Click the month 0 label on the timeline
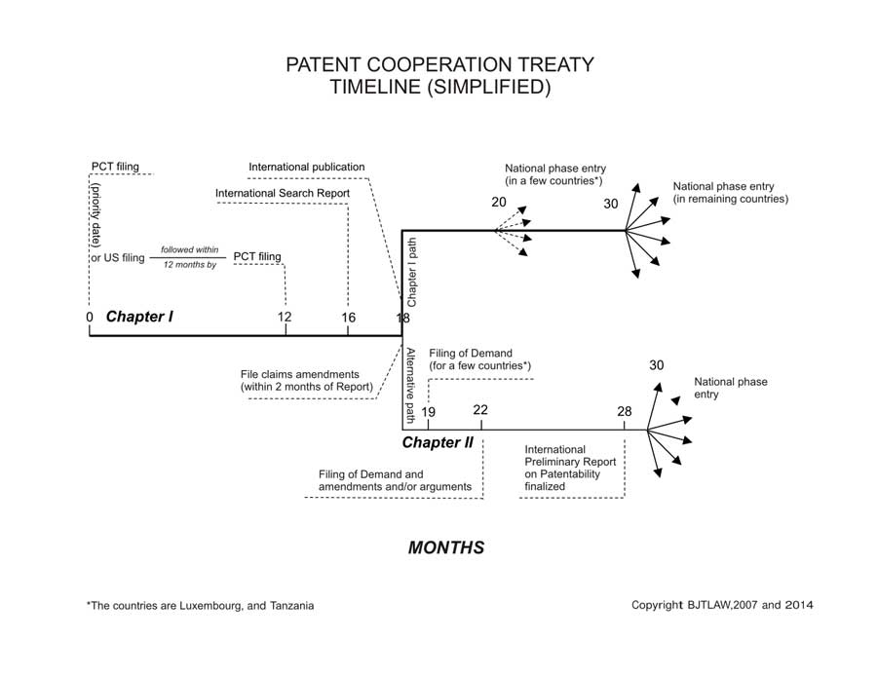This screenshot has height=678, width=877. click(89, 318)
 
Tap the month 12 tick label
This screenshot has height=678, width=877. click(285, 318)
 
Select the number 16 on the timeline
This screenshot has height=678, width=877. click(348, 318)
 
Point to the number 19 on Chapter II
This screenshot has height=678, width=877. click(429, 412)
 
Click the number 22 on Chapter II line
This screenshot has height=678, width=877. click(480, 410)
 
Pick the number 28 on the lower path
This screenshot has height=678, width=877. click(625, 412)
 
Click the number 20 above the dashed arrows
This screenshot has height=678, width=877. click(499, 203)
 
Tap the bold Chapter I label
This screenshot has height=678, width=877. click(139, 317)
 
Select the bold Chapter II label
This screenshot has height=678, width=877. click(438, 442)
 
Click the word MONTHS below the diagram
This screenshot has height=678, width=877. click(446, 547)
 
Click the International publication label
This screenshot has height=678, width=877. click(307, 168)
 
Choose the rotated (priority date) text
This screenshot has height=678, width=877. click(98, 218)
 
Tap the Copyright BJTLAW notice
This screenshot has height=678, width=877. click(722, 605)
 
